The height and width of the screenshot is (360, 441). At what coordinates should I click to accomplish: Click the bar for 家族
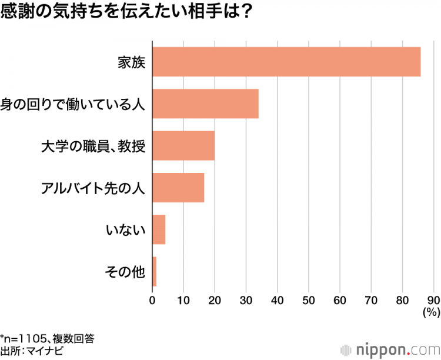pos(286,62)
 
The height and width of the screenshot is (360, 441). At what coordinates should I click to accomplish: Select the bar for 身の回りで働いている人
pos(205,104)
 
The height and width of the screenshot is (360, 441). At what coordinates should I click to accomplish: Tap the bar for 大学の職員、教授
pos(183,146)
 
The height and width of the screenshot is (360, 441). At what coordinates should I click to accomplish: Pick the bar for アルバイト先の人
pos(178,188)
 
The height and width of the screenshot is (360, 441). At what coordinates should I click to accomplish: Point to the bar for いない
pos(159,229)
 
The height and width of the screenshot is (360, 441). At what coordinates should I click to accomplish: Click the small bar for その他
pos(155,272)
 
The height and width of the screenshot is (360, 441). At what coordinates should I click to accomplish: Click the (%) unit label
pos(431,312)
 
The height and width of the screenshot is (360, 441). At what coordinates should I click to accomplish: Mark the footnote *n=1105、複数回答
pos(47,338)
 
